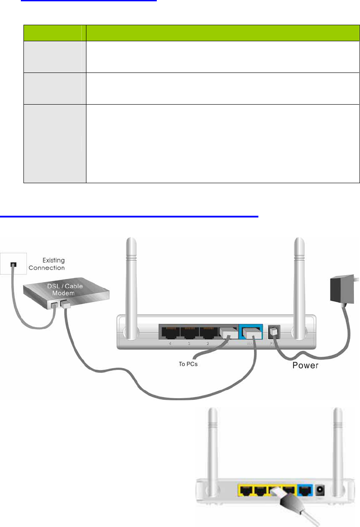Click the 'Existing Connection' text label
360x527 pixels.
tap(47, 264)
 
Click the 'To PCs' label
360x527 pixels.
tap(188, 364)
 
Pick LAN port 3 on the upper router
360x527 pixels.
tap(189, 333)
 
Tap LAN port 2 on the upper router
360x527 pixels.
tap(209, 333)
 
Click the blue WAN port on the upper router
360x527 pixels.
tap(250, 333)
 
